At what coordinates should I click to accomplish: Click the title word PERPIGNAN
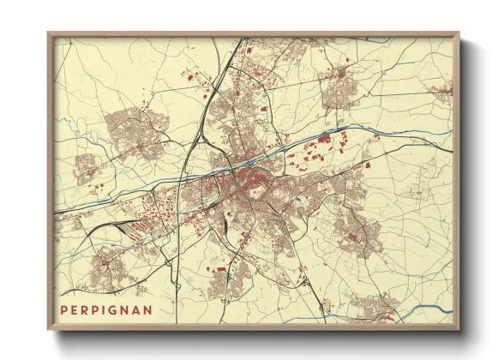[107, 309]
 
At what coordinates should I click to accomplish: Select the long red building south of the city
[219, 269]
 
